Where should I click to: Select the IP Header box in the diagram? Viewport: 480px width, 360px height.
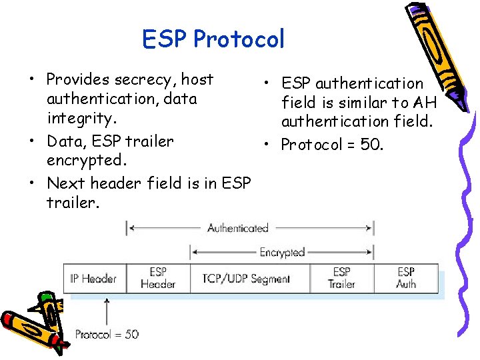click(93, 279)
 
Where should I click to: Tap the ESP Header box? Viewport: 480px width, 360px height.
click(158, 279)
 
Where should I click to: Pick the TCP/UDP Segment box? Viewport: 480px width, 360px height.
click(247, 279)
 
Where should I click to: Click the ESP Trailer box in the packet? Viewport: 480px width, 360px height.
click(341, 279)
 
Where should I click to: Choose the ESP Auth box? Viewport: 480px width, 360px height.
click(406, 279)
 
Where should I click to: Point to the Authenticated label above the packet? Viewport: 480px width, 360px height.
click(237, 228)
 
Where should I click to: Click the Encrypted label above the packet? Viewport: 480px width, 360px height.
click(282, 253)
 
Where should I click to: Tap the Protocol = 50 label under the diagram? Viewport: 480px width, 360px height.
click(107, 334)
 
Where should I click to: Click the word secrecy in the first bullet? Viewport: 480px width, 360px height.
click(143, 79)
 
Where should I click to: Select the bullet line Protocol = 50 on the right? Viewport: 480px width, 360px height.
click(331, 145)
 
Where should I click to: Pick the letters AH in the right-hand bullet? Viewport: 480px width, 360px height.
click(425, 103)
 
